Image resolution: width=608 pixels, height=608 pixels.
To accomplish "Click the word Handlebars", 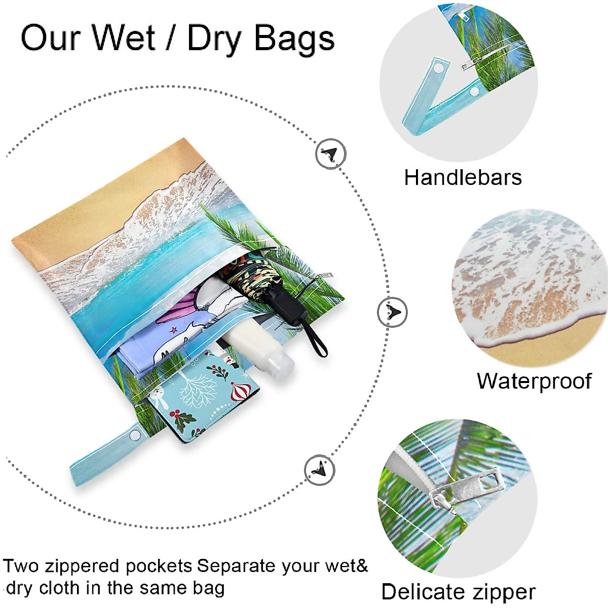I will coord(463,178).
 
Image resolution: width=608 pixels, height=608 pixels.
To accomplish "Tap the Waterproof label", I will coord(534,381).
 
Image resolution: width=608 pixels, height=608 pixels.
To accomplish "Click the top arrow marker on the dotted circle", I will coord(331,153).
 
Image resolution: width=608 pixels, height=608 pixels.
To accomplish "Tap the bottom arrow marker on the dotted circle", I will coord(320,470).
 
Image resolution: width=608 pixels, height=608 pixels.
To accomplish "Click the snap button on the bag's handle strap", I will coord(135,435).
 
